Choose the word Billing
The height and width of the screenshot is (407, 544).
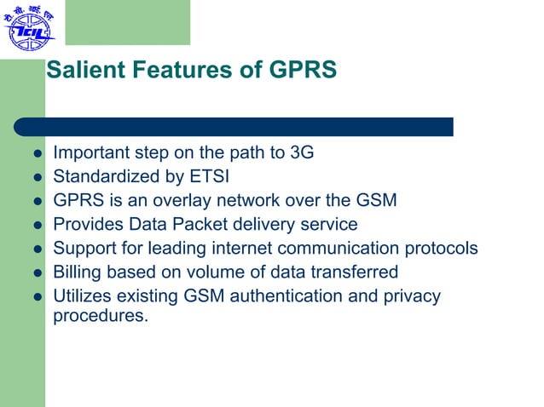pyautogui.click(x=77, y=272)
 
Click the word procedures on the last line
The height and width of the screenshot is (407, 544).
pyautogui.click(x=100, y=315)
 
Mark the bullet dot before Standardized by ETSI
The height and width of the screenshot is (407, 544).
pyautogui.click(x=37, y=178)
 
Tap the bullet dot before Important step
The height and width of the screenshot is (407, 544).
pyautogui.click(x=37, y=154)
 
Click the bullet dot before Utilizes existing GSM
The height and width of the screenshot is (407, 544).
pyautogui.click(x=37, y=297)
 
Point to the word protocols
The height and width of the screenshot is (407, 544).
pyautogui.click(x=439, y=249)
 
